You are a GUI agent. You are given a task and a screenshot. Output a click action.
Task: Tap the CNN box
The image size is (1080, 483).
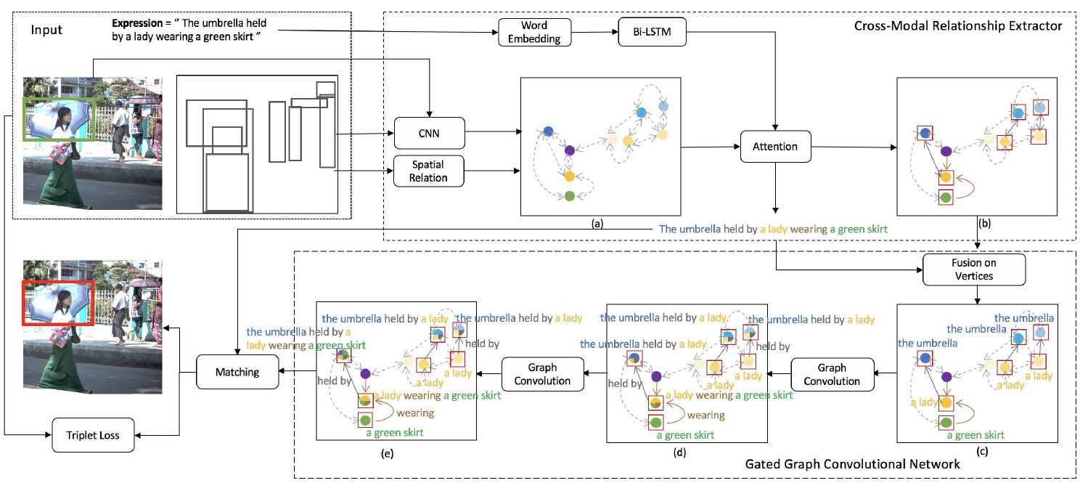point(428,133)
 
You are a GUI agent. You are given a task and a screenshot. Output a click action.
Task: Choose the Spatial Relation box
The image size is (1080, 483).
point(428,171)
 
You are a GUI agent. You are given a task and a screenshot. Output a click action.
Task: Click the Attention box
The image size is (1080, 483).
point(776,147)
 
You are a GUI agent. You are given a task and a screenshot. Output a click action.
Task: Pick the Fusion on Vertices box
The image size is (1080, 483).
point(973,269)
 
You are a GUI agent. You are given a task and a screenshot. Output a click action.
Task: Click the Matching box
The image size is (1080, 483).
point(237,373)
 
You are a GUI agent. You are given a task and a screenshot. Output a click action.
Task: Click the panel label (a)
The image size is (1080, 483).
point(597,224)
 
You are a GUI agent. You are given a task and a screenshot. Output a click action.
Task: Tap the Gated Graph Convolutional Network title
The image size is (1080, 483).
point(853,463)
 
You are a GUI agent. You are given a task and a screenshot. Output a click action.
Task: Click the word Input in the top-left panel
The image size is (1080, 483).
point(46,30)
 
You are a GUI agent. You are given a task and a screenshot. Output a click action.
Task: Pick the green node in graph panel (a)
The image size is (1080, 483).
point(570,196)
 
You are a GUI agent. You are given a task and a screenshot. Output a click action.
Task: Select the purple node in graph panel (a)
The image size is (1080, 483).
point(569,150)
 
